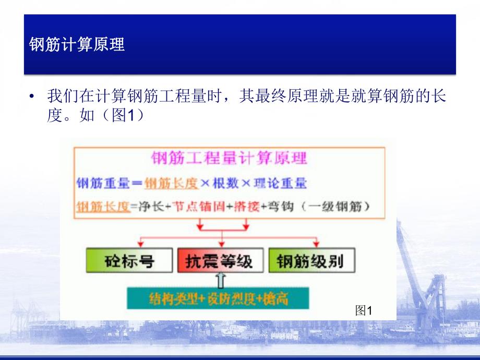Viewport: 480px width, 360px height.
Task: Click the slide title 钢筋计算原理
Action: [x=77, y=45]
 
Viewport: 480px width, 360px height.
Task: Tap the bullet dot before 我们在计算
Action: [x=32, y=97]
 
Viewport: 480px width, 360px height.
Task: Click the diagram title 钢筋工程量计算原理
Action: [x=229, y=158]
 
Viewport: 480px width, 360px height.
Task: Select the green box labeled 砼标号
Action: [x=129, y=260]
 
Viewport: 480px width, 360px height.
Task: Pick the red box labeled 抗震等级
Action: [x=222, y=260]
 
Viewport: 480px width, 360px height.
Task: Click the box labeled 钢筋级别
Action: [x=311, y=260]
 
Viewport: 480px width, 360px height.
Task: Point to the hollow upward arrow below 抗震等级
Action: [x=221, y=280]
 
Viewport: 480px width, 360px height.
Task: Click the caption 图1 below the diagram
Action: [x=363, y=311]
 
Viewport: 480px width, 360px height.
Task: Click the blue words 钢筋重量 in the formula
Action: [x=103, y=184]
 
